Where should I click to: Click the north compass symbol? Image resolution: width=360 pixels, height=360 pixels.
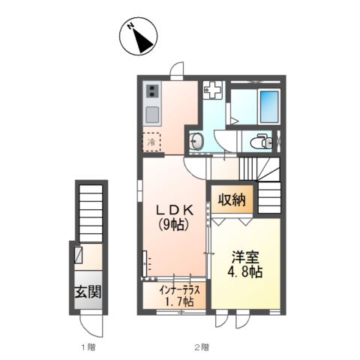138,36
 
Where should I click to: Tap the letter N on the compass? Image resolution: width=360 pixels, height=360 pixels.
130,26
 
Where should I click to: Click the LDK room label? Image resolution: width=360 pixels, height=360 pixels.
174,211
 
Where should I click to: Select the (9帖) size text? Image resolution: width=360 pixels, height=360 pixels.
173,225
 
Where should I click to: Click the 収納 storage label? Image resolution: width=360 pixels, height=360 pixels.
232,199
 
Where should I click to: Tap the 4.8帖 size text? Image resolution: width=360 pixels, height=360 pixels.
244,271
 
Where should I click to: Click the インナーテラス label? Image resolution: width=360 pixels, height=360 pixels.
180,290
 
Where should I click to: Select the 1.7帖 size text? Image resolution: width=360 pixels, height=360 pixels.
179,301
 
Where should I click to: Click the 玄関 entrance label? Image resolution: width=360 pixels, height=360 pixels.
88,292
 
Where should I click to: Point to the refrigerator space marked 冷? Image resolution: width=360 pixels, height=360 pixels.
151,142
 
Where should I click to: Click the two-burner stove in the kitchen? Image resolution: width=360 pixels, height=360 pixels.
152,91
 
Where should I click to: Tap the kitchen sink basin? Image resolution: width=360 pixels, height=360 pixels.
152,115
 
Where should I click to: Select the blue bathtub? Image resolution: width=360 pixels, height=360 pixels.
269,106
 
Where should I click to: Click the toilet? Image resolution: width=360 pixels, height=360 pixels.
261,142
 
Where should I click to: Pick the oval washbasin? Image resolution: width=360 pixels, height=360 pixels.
196,142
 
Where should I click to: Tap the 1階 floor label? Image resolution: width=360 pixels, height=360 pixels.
88,347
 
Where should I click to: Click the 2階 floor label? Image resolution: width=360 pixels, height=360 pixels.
202,347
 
